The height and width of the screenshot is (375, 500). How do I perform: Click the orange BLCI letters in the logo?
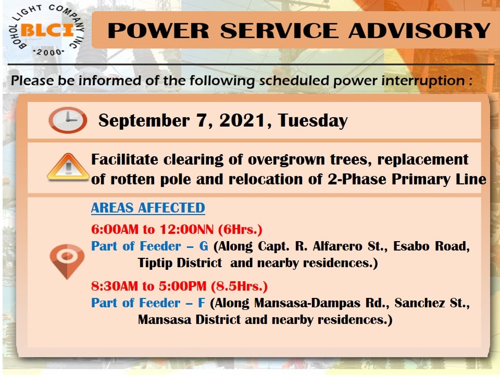[x=47, y=30]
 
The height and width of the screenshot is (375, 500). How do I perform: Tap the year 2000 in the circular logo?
[x=49, y=52]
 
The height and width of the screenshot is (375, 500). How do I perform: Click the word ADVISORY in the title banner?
[x=419, y=31]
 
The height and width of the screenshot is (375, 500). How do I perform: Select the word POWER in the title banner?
[x=158, y=31]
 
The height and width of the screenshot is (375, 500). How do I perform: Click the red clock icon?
[x=68, y=120]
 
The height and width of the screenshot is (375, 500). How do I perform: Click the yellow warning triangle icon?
[x=68, y=167]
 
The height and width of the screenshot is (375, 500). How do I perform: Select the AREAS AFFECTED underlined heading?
[x=148, y=208]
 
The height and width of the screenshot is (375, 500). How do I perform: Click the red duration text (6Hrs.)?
[x=241, y=230]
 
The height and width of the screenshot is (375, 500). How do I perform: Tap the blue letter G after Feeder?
[x=204, y=246]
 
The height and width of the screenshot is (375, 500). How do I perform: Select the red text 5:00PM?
[x=183, y=286]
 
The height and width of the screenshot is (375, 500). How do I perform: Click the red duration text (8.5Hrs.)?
[x=239, y=286]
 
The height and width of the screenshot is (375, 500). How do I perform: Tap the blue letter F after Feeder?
[x=202, y=303]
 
